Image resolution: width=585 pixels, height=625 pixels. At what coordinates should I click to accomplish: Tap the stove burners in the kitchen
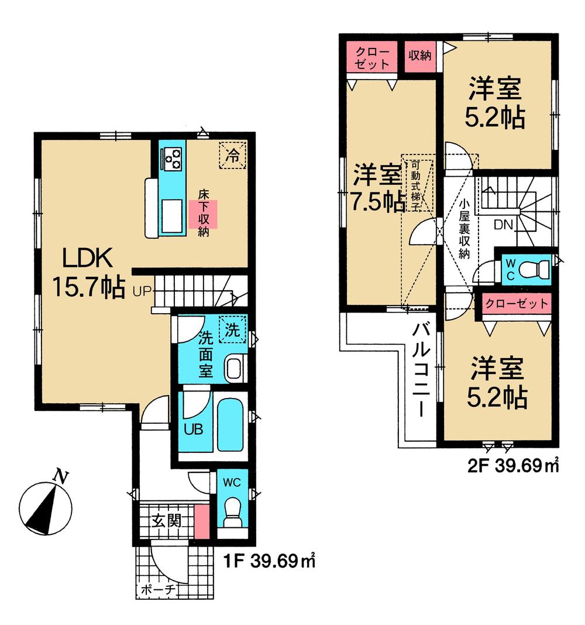pyautogui.click(x=173, y=157)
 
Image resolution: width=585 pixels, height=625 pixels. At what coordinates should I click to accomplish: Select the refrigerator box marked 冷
pyautogui.click(x=233, y=155)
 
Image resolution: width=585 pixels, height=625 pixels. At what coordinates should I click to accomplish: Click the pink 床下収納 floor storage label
pyautogui.click(x=203, y=214)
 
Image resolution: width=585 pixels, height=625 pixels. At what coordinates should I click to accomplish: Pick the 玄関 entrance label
pyautogui.click(x=167, y=520)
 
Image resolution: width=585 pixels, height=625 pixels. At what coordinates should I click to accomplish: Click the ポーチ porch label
pyautogui.click(x=159, y=590)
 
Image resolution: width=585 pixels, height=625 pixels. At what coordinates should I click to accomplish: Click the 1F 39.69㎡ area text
pyautogui.click(x=270, y=562)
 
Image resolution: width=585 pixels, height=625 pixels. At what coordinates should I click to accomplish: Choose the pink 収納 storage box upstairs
pyautogui.click(x=419, y=56)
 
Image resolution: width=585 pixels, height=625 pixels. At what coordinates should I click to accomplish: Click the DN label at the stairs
pyautogui.click(x=504, y=224)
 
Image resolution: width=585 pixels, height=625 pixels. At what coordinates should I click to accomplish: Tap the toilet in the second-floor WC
pyautogui.click(x=535, y=269)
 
